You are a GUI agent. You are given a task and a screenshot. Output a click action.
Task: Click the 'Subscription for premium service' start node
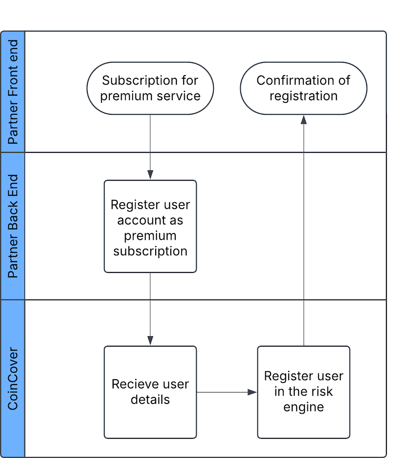(x=150, y=88)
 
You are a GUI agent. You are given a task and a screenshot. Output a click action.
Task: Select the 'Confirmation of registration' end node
(x=303, y=88)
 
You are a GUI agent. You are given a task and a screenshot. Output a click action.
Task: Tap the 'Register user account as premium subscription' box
(x=150, y=226)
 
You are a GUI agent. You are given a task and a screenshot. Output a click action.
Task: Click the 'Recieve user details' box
(x=150, y=392)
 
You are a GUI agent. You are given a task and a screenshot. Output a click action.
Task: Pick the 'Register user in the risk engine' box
(x=303, y=392)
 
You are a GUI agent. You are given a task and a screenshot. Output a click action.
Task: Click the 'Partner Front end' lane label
(x=13, y=92)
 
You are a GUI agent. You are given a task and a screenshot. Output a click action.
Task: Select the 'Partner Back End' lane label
(x=13, y=226)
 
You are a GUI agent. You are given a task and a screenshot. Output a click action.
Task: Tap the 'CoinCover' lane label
(x=13, y=379)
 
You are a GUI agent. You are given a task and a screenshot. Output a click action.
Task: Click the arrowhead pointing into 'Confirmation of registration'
(x=303, y=120)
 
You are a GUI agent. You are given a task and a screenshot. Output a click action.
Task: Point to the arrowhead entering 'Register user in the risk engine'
(x=253, y=392)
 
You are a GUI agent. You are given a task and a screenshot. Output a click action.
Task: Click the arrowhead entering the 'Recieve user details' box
(x=150, y=340)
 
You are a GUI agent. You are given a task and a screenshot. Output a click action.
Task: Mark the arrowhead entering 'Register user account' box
(x=150, y=175)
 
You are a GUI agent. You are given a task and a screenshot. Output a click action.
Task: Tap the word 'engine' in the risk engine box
(x=303, y=407)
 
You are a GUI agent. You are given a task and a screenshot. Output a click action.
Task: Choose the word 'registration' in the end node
(x=303, y=96)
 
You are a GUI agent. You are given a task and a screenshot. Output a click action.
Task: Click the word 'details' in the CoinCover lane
(x=150, y=399)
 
